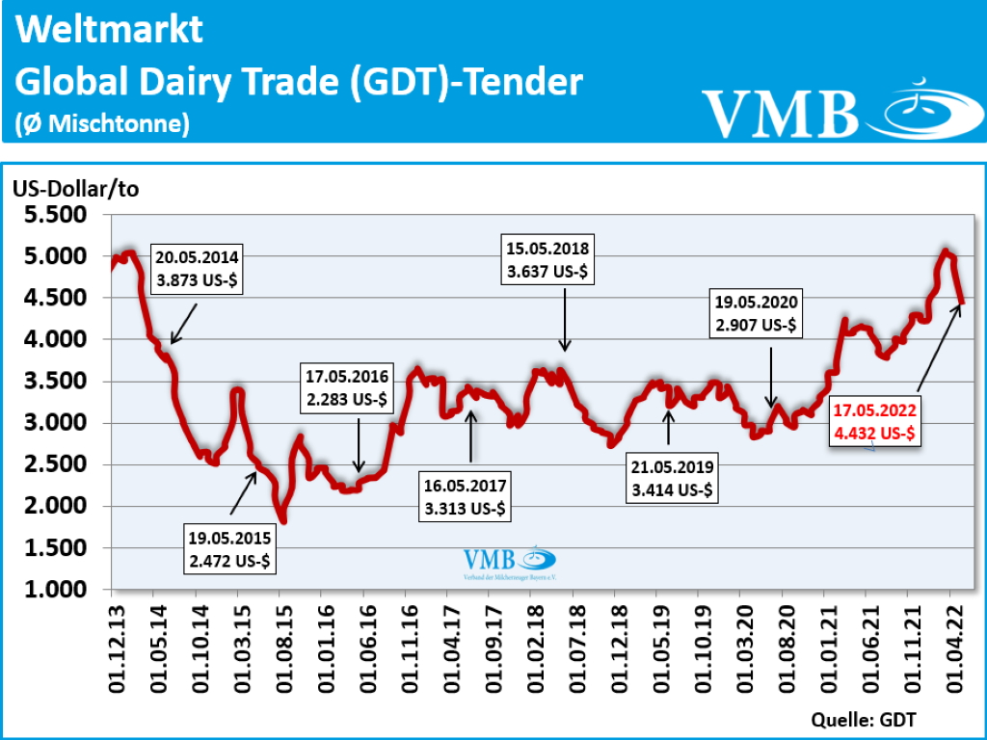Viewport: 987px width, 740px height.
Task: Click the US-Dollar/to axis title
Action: coord(75,189)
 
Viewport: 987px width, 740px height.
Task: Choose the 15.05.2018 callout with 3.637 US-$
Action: coord(548,259)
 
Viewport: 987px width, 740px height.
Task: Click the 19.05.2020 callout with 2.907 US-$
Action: coord(755,313)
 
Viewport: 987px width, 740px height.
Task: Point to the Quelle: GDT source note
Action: coord(863,719)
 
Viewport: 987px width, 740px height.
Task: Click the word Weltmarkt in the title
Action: coord(110,30)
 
